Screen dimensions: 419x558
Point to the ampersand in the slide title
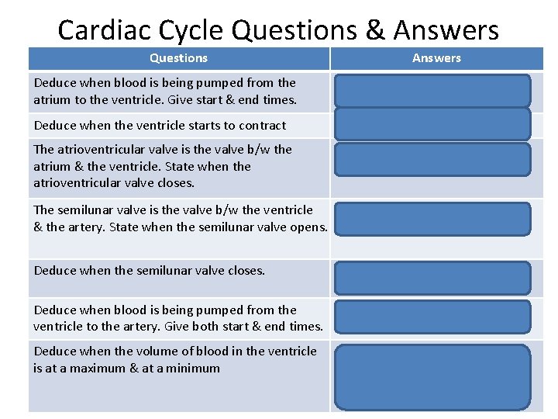pyautogui.click(x=377, y=29)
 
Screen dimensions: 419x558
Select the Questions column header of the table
pyautogui.click(x=178, y=58)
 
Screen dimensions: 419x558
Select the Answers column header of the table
pyautogui.click(x=436, y=58)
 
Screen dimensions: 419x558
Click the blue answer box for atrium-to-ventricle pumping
pyautogui.click(x=432, y=91)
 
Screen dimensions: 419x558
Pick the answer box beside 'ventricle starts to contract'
pyautogui.click(x=432, y=124)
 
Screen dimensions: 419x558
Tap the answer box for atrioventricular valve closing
pyautogui.click(x=432, y=159)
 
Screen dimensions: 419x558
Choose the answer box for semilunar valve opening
pyautogui.click(x=432, y=218)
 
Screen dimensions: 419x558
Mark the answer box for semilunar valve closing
pyautogui.click(x=432, y=278)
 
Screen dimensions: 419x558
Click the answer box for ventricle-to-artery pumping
pyautogui.click(x=432, y=317)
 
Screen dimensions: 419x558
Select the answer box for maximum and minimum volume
pyautogui.click(x=432, y=376)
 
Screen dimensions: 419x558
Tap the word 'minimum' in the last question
pyautogui.click(x=195, y=369)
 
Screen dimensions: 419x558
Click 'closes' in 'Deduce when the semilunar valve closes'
pyautogui.click(x=245, y=271)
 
